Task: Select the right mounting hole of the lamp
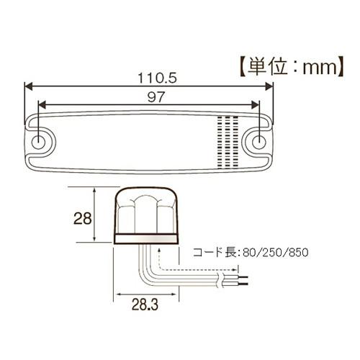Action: tap(258, 139)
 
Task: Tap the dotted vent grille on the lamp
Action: tap(226, 140)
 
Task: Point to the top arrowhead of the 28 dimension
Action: tap(95, 189)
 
